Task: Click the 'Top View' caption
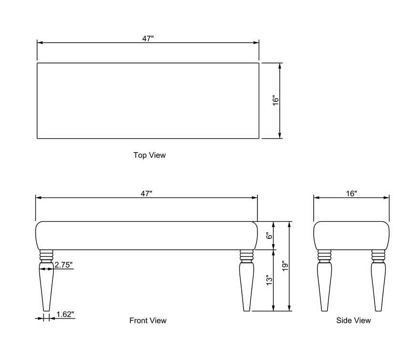(x=150, y=155)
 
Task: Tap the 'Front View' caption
(x=148, y=320)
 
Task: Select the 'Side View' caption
(x=354, y=320)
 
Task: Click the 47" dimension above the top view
(x=148, y=39)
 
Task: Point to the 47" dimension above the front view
(x=146, y=194)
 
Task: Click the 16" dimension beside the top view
(x=276, y=101)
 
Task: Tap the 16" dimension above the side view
(x=352, y=194)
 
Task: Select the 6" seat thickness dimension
(x=269, y=236)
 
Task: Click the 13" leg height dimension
(x=269, y=280)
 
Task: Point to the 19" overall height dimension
(x=285, y=266)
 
